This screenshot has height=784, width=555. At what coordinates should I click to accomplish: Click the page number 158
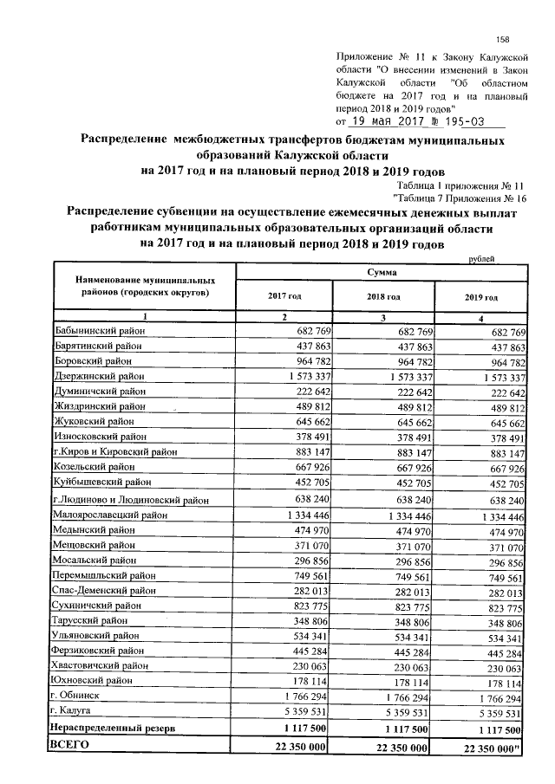click(502, 40)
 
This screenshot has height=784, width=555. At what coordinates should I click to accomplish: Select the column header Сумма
click(382, 272)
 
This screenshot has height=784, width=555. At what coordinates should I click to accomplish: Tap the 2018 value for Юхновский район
click(408, 682)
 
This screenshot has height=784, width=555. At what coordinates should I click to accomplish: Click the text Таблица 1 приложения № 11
click(460, 185)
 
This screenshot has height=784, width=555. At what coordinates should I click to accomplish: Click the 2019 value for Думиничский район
click(506, 392)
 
